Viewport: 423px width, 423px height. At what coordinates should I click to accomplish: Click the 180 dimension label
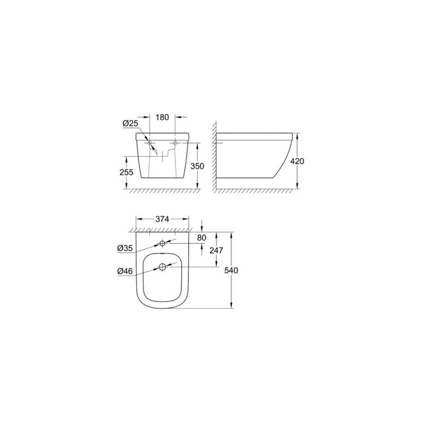162,117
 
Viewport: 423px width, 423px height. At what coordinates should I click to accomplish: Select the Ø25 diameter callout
130,124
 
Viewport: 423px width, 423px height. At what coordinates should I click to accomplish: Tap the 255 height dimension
126,172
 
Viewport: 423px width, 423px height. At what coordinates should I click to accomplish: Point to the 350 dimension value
198,166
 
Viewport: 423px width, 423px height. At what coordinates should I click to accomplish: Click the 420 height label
297,161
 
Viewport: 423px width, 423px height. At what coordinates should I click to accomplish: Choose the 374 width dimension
162,219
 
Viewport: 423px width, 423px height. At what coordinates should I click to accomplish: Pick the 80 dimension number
201,238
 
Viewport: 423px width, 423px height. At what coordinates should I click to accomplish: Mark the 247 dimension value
216,250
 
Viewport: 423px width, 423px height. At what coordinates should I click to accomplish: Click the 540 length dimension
231,270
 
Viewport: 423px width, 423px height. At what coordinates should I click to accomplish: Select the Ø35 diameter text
125,248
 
